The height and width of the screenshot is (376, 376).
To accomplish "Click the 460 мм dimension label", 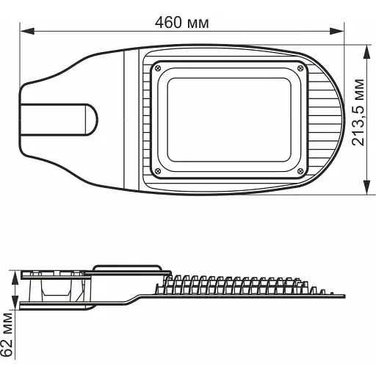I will coord(181,22).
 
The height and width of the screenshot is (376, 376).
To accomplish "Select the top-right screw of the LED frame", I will coord(300,68).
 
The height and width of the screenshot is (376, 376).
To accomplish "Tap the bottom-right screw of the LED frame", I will coord(300,171).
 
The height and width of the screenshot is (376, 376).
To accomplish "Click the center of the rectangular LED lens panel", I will coord(228,120).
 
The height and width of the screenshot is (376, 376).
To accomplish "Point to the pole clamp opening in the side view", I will coord(55,288).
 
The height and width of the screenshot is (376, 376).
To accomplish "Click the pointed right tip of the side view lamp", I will coord(342,295).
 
